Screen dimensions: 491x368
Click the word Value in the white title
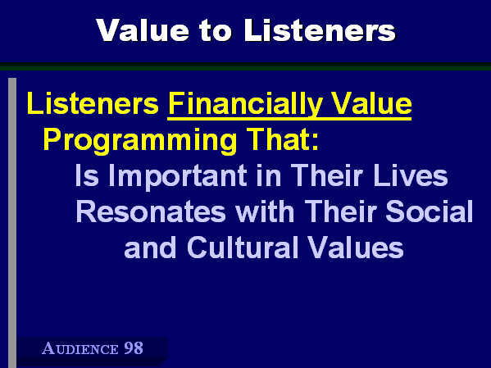coord(143,30)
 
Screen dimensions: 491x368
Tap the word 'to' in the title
coord(216,30)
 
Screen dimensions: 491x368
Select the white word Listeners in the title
coord(320,30)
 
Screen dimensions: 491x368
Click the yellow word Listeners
coord(93,103)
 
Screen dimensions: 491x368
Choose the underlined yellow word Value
coord(371,103)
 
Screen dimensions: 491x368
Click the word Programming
coord(139,141)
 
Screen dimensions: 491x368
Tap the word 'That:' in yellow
coord(283,139)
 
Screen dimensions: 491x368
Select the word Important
coord(178,177)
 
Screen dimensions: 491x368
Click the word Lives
coord(411,175)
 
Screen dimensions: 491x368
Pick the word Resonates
coord(151,211)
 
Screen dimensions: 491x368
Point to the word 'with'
coord(265,211)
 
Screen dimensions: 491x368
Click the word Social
coord(430,211)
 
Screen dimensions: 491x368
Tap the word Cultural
coord(243,247)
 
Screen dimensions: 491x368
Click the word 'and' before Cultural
coord(150,247)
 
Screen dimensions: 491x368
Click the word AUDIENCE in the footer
coord(80,348)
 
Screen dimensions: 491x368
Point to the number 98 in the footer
coord(134,348)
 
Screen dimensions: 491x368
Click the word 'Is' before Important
coord(87,175)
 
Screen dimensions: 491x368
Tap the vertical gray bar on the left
coord(12,223)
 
